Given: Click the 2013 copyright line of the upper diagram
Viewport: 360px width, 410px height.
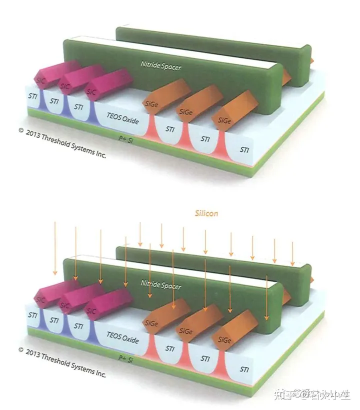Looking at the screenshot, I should coord(62,143).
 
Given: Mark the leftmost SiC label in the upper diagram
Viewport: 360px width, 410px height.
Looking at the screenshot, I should coord(39,80).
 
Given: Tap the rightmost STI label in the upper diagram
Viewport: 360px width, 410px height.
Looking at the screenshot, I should coord(245,149).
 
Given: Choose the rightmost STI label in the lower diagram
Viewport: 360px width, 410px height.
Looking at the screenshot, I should coord(244,369).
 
